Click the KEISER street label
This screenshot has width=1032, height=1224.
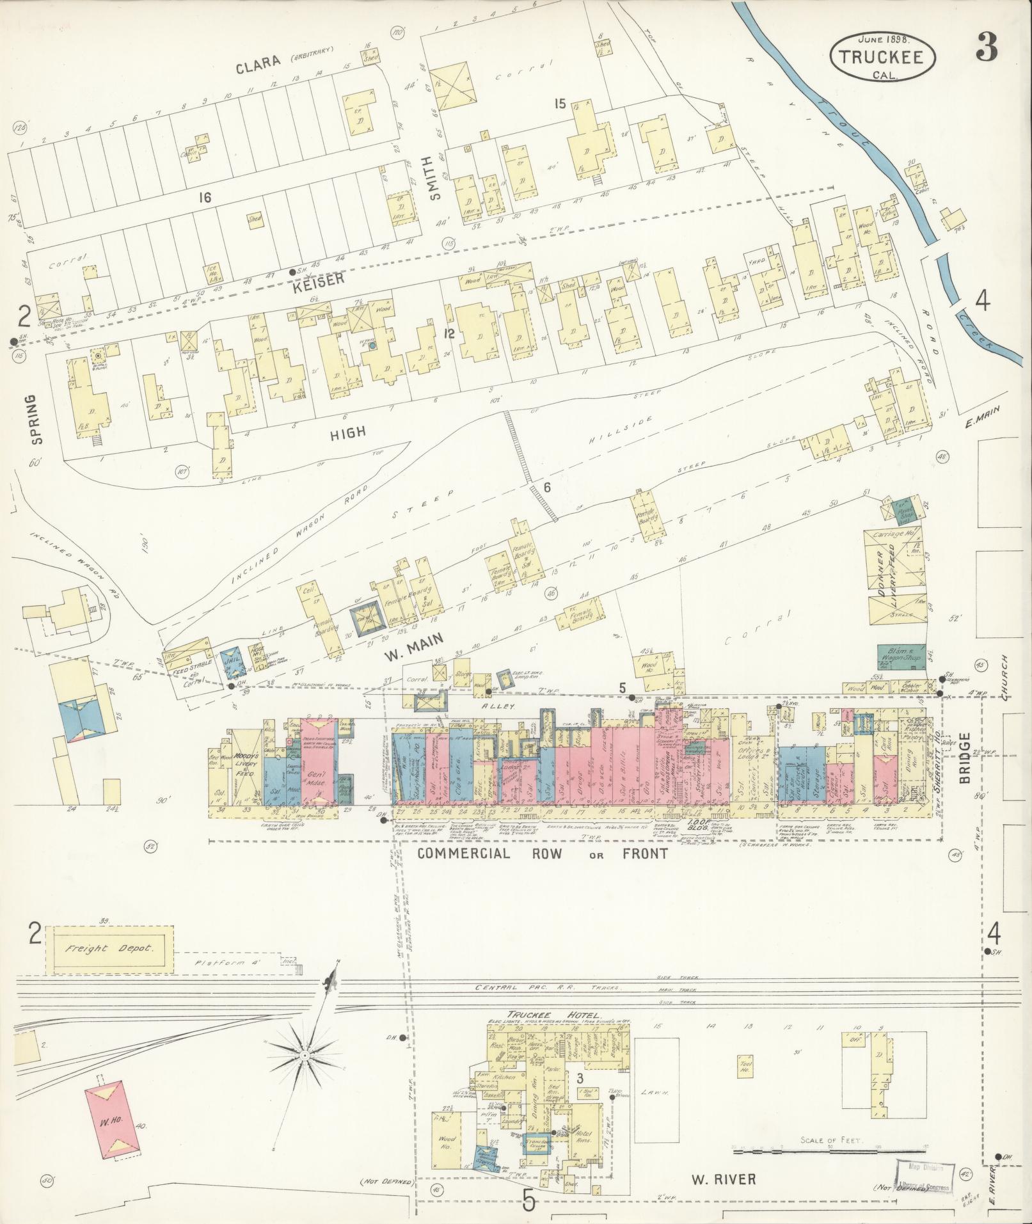(322, 279)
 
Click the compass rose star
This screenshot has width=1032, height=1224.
(306, 1054)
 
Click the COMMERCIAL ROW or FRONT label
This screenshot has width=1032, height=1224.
(542, 854)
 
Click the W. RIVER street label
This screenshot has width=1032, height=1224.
(724, 1179)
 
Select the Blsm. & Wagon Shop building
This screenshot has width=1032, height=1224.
(901, 656)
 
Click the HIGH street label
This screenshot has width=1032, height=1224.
(347, 433)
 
